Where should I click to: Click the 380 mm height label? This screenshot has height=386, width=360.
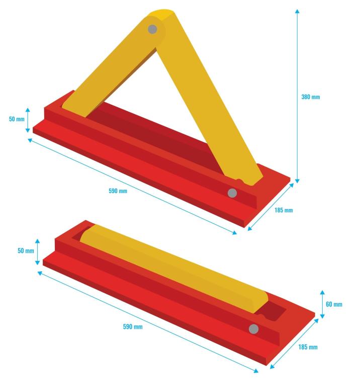(311, 97)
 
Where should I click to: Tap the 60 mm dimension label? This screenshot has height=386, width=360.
(334, 305)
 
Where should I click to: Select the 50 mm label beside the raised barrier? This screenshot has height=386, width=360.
(17, 119)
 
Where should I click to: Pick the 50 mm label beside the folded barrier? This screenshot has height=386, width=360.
(26, 251)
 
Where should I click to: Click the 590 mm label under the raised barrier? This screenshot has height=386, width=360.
(118, 191)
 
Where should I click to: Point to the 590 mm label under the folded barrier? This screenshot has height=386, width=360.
(133, 327)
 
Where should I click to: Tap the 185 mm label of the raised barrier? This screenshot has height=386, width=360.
(284, 210)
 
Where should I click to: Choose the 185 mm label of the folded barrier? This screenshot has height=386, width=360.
(308, 347)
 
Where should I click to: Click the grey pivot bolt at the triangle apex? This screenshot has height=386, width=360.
(152, 29)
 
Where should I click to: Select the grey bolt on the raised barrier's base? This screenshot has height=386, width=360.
(232, 193)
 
